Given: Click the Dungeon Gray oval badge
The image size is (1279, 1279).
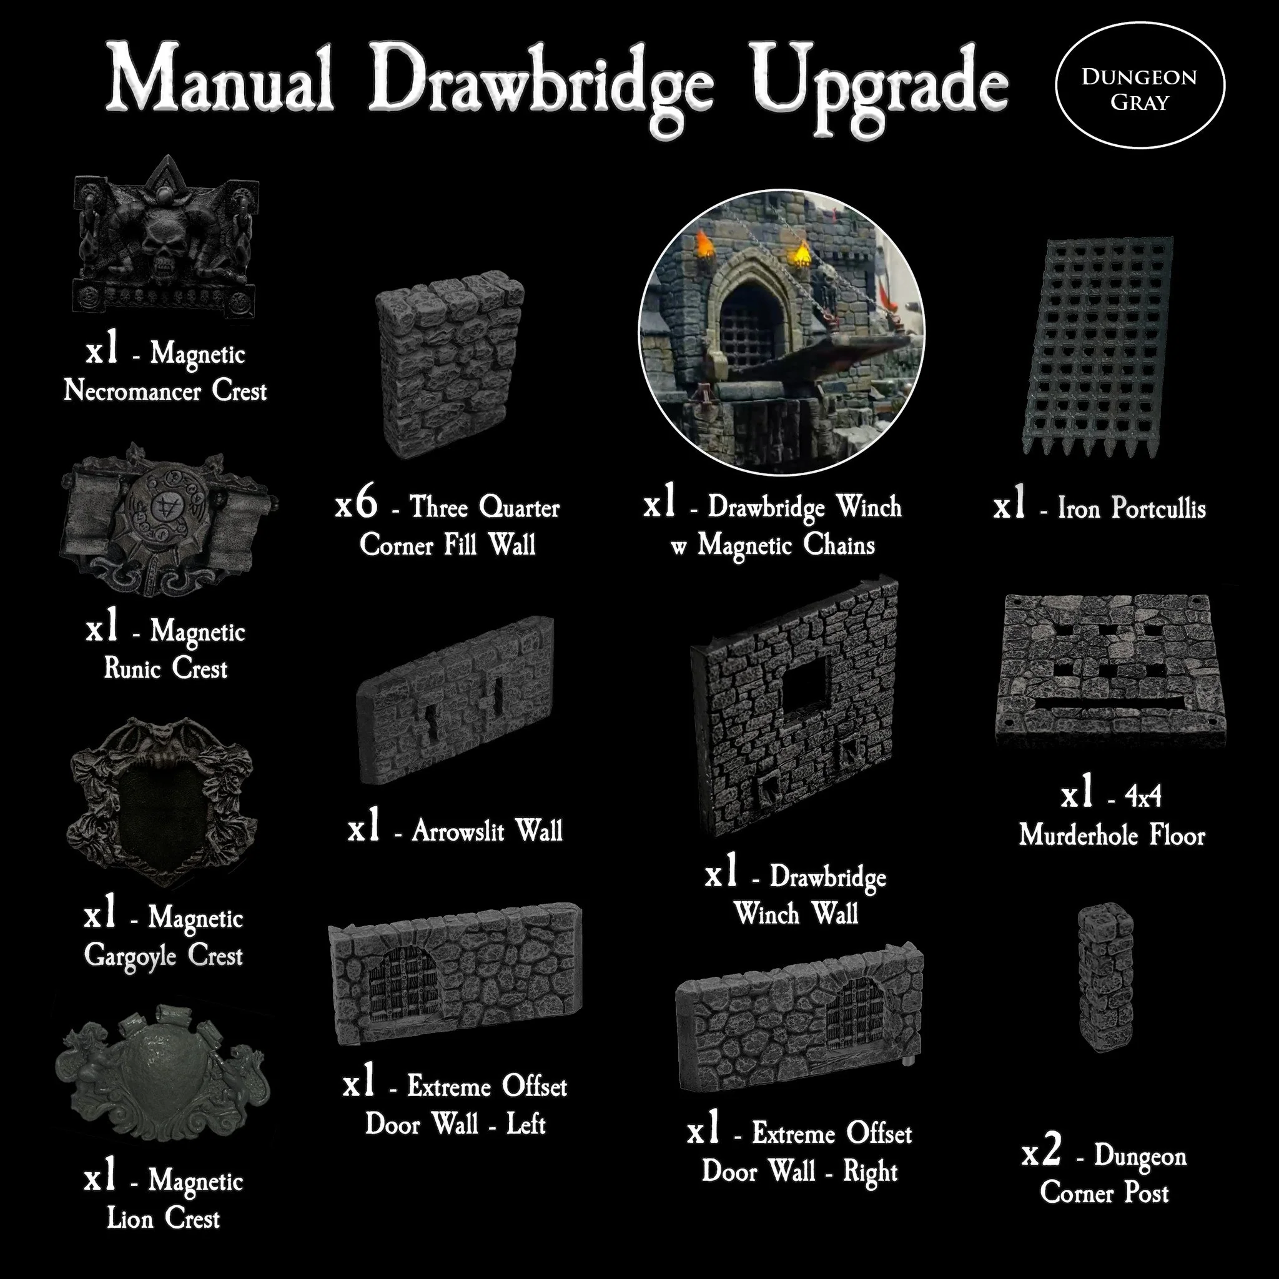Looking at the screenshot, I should pos(1138,90).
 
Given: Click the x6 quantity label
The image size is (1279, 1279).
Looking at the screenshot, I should pos(357,506).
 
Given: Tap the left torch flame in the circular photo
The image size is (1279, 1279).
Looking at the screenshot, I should pos(705,245).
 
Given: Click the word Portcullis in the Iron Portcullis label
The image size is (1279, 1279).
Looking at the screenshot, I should pos(1158,508).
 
